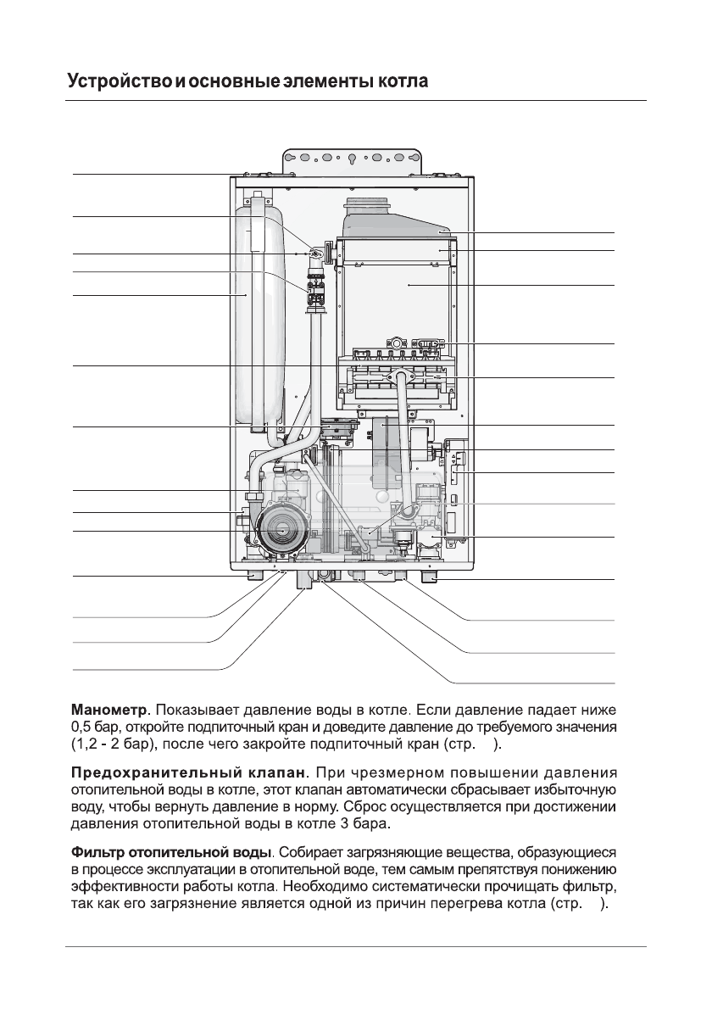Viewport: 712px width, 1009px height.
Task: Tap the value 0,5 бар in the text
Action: click(93, 727)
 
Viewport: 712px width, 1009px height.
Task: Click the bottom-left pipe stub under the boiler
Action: click(253, 576)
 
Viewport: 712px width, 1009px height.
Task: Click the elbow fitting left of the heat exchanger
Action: click(316, 254)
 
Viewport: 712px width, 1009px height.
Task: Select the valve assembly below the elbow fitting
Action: click(317, 292)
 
